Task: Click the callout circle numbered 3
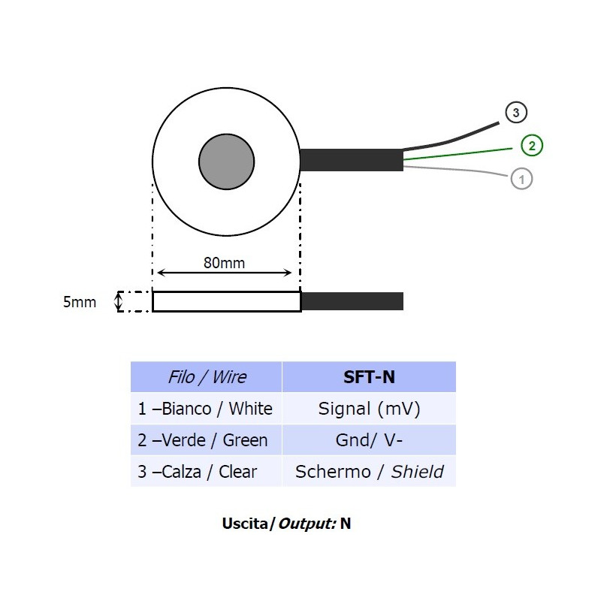tap(515, 113)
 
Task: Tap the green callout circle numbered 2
tap(532, 146)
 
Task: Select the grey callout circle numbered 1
tap(521, 178)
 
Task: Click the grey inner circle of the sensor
tap(227, 162)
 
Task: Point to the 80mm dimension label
tap(224, 263)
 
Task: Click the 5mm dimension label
tap(80, 302)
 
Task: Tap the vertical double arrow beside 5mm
tap(117, 301)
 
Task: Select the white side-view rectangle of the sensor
tap(226, 301)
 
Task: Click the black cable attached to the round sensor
tap(351, 160)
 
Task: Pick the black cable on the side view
tap(352, 301)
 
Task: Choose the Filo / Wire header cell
tap(207, 377)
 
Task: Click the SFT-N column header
tap(369, 377)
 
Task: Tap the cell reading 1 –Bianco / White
tap(207, 409)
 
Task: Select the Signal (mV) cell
tap(369, 409)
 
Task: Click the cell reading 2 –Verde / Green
tap(207, 440)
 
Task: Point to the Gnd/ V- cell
tap(369, 440)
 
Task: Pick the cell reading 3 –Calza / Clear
tap(207, 472)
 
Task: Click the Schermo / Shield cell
tap(369, 472)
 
